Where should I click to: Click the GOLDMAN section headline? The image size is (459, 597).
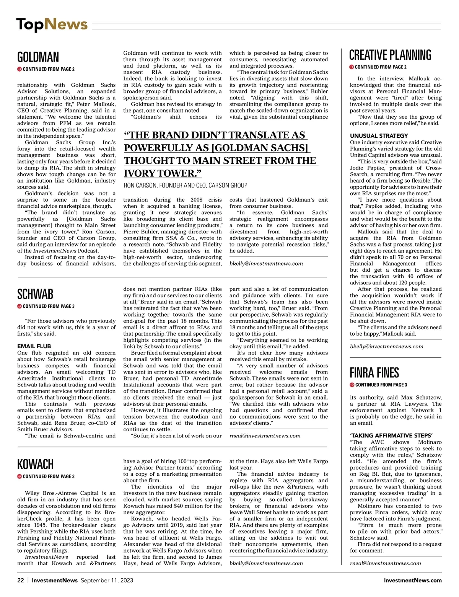[38, 57]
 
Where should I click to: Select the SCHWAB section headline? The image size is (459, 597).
[35, 294]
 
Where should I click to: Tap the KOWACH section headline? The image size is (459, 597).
[35, 464]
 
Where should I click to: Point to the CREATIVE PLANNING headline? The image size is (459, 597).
[390, 55]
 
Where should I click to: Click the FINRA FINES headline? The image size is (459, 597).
[374, 373]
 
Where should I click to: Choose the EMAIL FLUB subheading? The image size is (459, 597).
[34, 346]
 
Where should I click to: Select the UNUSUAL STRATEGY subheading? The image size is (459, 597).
[379, 136]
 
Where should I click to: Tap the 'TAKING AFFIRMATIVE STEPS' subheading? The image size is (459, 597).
[391, 436]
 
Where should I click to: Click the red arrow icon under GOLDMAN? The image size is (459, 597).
[20, 69]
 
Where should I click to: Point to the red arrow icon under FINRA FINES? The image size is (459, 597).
[352, 385]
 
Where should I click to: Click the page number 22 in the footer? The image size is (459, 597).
[21, 580]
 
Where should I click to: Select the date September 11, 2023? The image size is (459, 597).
[107, 580]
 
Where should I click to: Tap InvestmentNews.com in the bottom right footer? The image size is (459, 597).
[413, 580]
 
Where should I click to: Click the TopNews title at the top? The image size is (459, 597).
[52, 24]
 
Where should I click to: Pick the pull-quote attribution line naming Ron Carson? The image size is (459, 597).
[186, 186]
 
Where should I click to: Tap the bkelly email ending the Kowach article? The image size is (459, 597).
[266, 563]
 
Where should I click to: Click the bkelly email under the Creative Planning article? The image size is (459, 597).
[387, 346]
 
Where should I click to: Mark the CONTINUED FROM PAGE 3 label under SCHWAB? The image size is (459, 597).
[49, 306]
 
